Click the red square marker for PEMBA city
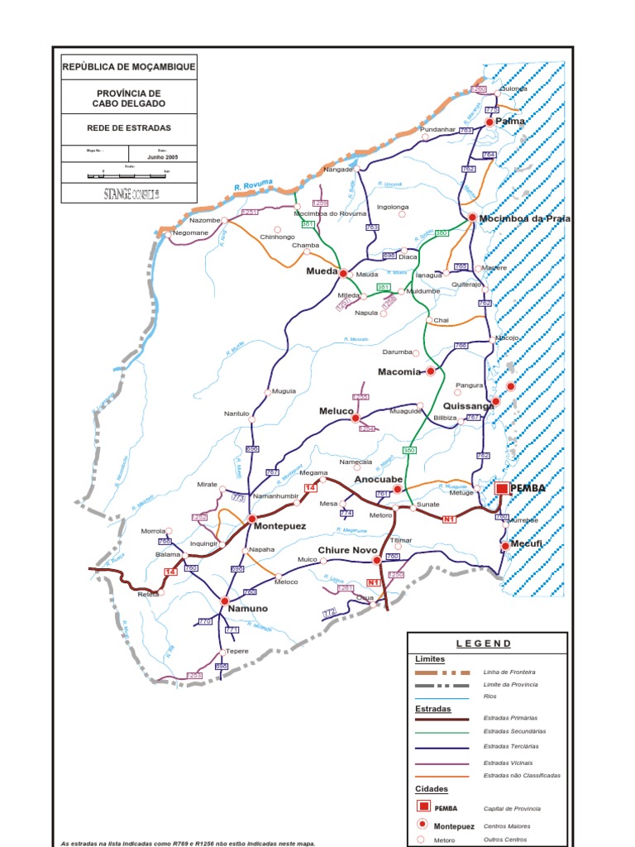point(502,489)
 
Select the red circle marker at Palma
point(489,122)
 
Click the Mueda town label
point(322,270)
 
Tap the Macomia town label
point(400,372)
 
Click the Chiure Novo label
point(347,550)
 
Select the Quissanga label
point(467,406)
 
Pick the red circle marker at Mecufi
point(505,546)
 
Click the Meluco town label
point(336,411)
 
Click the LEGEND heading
point(484,644)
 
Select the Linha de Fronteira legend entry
point(508,672)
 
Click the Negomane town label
point(190,234)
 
